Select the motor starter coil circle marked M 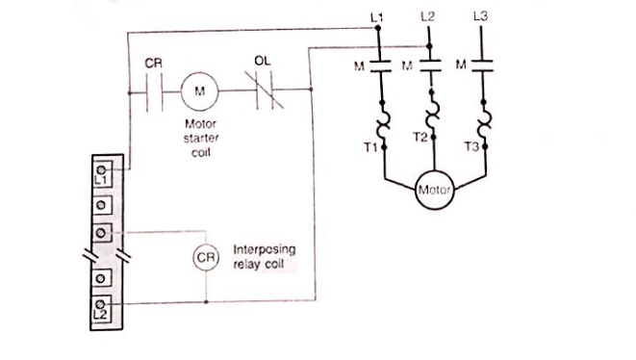(200, 92)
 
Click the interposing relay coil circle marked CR (206, 258)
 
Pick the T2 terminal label (419, 137)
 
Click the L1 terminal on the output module (101, 176)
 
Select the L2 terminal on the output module (101, 309)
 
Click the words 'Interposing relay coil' (264, 256)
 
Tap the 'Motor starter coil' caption (200, 137)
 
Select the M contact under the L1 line (377, 65)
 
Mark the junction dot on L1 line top (377, 29)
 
